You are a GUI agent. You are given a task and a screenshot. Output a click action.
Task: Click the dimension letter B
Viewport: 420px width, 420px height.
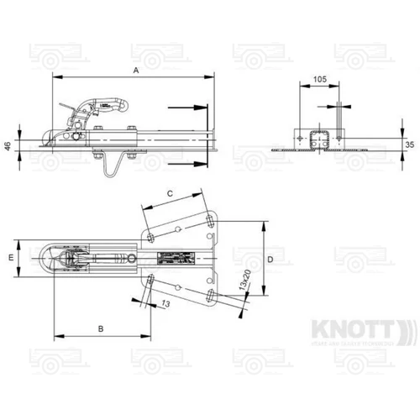[x=100, y=327]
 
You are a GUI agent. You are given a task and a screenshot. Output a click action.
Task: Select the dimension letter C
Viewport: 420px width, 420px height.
[x=170, y=193]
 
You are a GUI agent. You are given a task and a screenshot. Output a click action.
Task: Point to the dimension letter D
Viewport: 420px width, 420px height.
[x=270, y=260]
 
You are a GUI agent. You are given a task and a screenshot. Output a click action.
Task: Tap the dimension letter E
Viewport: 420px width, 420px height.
[x=11, y=257]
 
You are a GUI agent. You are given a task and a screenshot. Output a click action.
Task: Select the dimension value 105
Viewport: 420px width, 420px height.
[x=319, y=79]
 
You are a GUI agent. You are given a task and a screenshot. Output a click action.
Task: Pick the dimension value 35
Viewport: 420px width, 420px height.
[x=409, y=144]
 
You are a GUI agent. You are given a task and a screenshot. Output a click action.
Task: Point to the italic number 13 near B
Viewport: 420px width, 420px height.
[x=164, y=304]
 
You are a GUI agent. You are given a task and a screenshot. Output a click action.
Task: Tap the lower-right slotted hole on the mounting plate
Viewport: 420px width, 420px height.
[x=210, y=293]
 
